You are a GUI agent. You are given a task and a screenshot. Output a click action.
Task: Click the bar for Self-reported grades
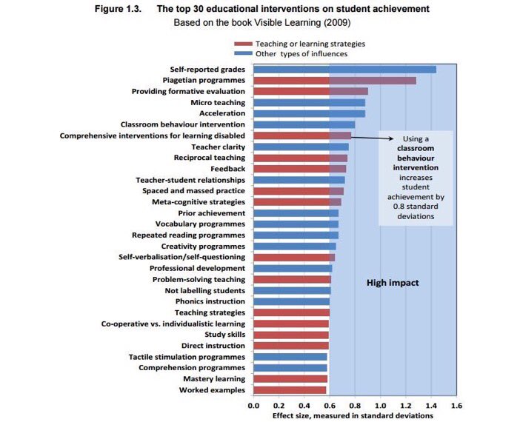pos(345,70)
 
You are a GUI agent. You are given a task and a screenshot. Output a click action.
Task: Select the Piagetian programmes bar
pos(335,81)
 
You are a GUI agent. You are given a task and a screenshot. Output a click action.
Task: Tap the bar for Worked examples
pos(290,390)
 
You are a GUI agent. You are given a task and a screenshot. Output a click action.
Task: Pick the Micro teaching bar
pos(310,103)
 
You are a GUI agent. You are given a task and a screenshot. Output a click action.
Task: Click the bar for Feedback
pos(300,169)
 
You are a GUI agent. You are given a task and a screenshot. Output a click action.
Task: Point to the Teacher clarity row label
pos(219,147)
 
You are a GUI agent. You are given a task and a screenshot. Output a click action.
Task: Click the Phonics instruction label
pos(210,301)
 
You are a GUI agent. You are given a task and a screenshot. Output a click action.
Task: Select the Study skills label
pos(225,335)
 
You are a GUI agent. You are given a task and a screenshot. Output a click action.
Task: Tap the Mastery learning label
pos(214,378)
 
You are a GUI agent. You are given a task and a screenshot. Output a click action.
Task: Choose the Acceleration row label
pos(222,113)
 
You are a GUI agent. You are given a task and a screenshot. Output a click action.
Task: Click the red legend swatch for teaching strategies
pos(243,44)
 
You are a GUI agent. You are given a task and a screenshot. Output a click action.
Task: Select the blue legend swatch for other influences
pos(243,54)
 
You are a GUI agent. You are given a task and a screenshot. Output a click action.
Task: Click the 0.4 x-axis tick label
pos(304,406)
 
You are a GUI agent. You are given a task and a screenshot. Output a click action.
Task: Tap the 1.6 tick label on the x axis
pos(456,406)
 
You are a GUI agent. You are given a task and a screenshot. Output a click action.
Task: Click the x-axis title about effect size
pos(353,415)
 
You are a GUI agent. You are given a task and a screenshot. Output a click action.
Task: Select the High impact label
pos(393,283)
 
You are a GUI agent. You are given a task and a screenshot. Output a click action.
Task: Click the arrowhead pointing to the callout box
pos(391,138)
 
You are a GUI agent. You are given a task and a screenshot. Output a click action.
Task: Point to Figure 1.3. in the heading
pos(118,9)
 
